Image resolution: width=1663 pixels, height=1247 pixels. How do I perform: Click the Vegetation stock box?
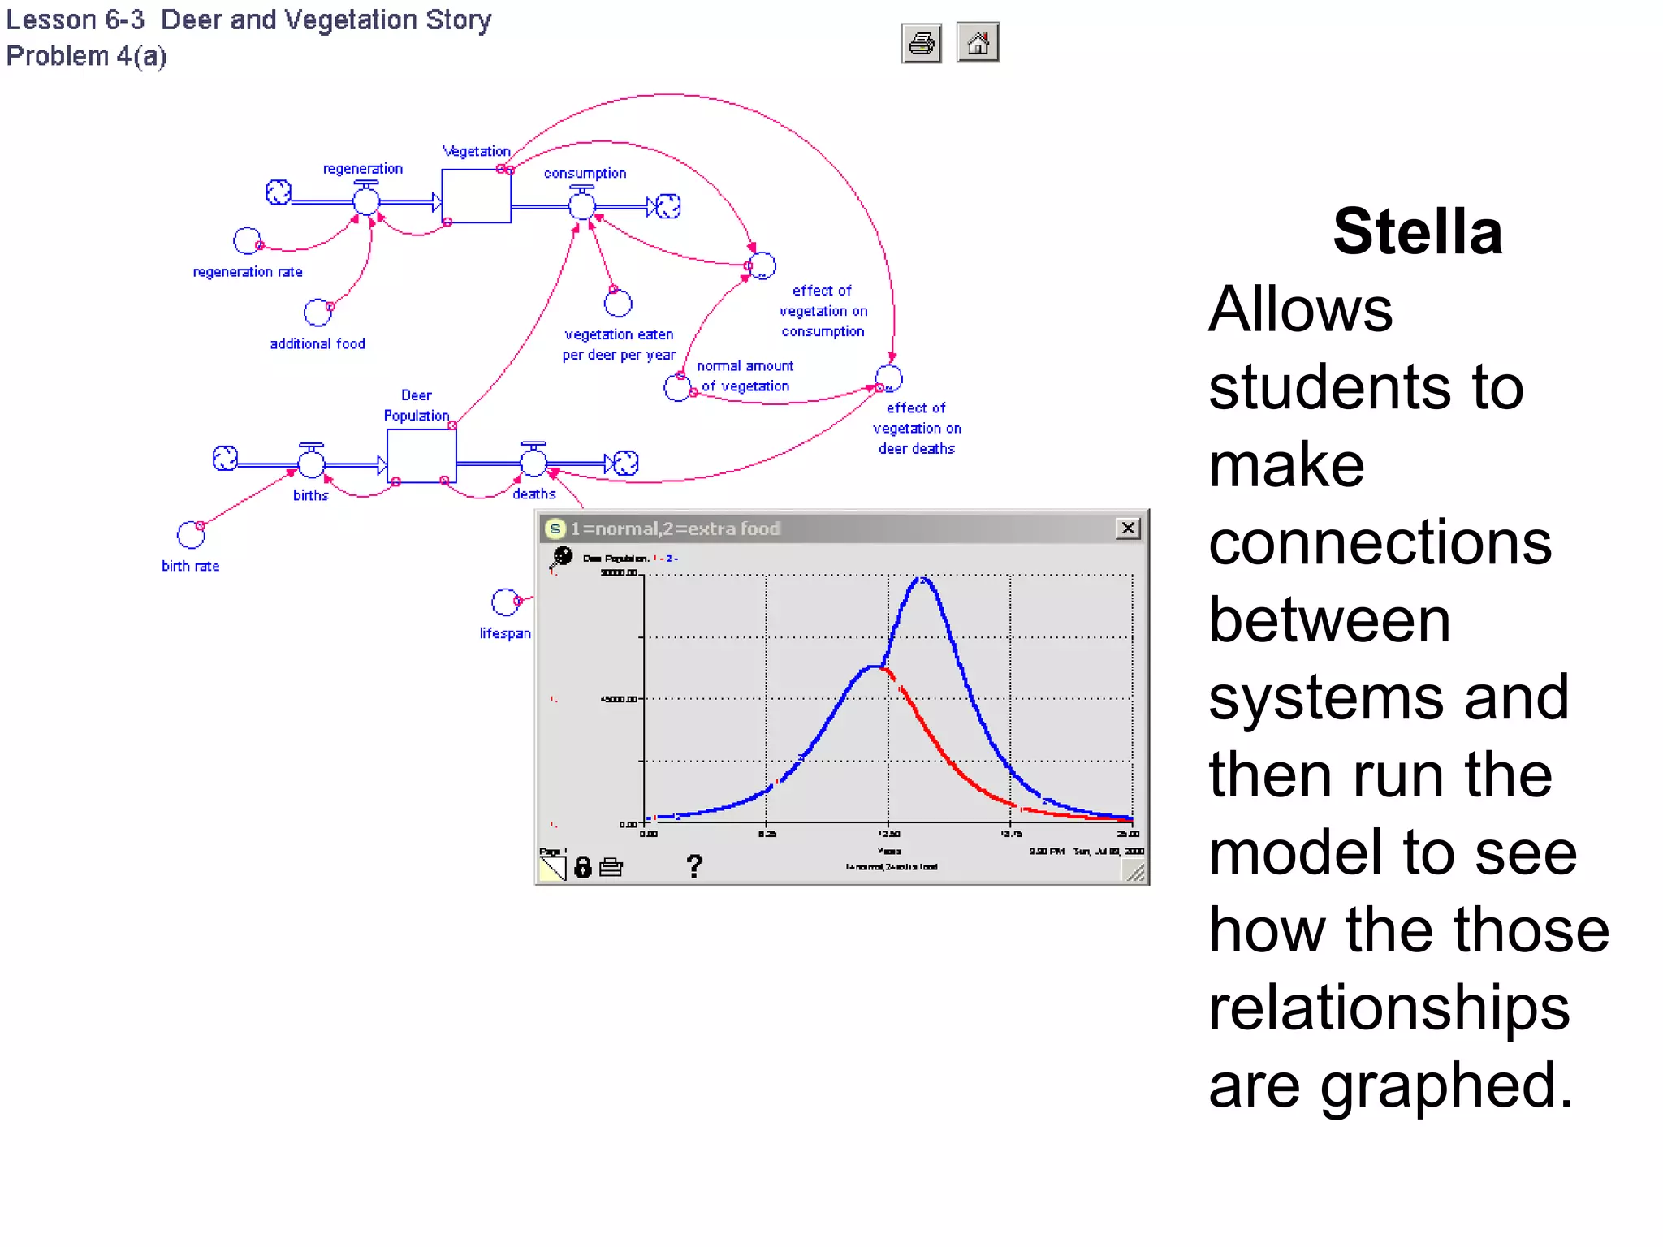476,196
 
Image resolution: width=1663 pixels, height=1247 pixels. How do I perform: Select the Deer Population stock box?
421,455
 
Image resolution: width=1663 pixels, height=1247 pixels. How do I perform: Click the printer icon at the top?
921,43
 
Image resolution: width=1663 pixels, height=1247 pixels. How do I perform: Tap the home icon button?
978,42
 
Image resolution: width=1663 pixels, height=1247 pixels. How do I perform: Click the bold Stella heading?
1417,232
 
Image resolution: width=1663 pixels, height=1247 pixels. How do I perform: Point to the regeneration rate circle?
247,241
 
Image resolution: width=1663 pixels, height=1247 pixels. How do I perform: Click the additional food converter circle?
317,313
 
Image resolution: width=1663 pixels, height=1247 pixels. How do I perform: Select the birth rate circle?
191,535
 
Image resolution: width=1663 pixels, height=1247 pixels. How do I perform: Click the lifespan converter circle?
505,602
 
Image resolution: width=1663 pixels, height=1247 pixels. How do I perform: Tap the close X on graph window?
1128,529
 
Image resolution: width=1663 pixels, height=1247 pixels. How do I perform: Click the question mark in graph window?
693,866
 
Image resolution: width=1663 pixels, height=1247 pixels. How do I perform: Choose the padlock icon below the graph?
583,867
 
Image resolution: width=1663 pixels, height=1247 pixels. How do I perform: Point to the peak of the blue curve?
922,579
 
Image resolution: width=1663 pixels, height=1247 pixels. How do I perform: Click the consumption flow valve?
581,205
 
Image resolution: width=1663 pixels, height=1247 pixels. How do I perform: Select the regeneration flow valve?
365,200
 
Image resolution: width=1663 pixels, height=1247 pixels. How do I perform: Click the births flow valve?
311,463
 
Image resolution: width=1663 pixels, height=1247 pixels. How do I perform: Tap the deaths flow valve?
533,462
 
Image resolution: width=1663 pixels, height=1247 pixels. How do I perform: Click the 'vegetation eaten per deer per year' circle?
618,304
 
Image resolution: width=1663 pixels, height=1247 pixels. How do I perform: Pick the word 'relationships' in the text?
1389,1008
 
